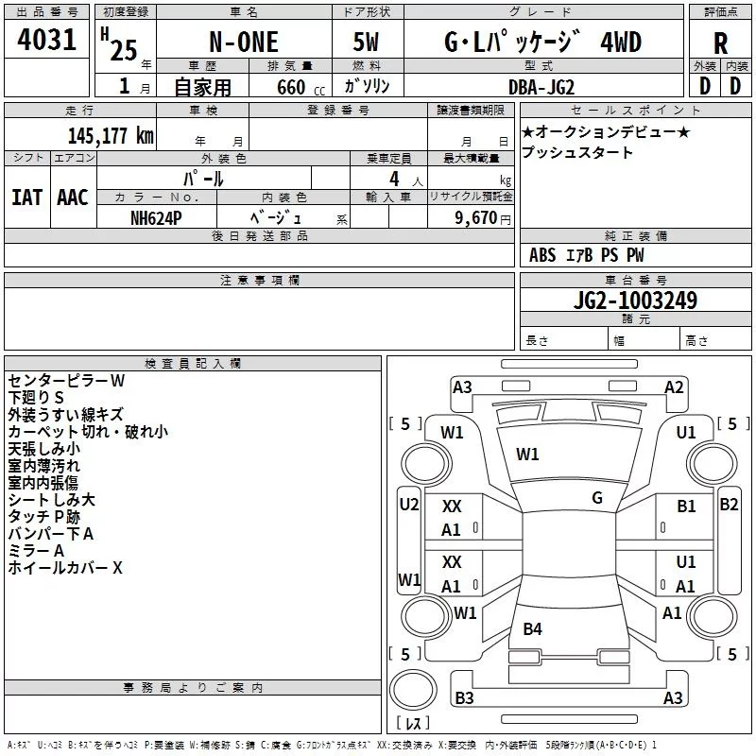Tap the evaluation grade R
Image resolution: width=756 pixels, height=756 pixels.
tap(720, 43)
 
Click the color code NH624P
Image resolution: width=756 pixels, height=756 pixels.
tap(157, 216)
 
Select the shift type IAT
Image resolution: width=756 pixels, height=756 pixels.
tap(26, 197)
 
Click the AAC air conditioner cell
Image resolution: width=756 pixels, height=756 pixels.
tap(73, 197)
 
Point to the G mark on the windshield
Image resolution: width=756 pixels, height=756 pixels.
tap(596, 497)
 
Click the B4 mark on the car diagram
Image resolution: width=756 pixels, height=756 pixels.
tap(532, 628)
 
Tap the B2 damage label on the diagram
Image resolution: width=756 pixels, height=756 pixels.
tap(729, 504)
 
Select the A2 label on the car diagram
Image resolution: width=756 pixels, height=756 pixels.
tap(674, 387)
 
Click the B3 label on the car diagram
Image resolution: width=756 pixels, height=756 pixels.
tap(464, 698)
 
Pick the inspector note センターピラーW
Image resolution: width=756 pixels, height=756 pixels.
tap(66, 381)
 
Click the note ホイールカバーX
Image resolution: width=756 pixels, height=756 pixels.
tap(65, 568)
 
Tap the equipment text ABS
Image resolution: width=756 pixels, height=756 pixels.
tap(542, 255)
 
